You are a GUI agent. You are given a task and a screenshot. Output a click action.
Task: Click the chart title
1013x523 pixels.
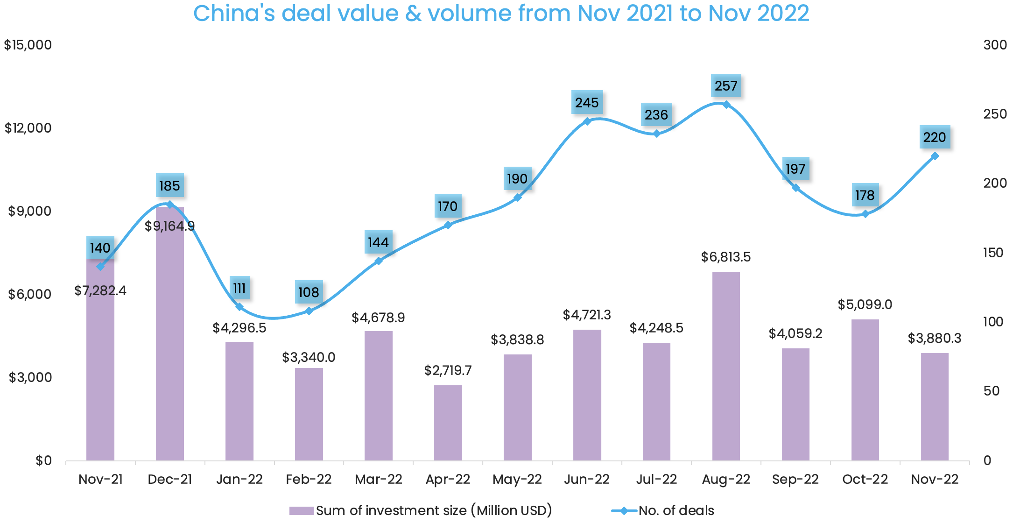tap(501, 13)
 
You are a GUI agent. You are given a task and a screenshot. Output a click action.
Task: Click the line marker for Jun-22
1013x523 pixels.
tap(587, 121)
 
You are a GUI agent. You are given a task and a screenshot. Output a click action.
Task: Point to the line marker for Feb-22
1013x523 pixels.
tap(309, 311)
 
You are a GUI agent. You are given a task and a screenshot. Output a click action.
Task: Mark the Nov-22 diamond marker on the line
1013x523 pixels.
tap(935, 156)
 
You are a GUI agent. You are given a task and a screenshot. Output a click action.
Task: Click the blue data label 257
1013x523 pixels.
tap(726, 86)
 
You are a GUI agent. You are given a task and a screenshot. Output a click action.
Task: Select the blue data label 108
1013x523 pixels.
tap(309, 292)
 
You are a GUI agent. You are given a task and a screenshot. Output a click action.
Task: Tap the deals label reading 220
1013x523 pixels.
tap(935, 137)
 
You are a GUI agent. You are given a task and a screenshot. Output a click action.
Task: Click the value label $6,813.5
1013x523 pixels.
tap(726, 257)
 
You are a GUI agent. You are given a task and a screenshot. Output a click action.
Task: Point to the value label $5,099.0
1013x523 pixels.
tap(865, 304)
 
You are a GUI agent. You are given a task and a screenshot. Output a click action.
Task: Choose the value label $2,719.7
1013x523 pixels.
tap(448, 370)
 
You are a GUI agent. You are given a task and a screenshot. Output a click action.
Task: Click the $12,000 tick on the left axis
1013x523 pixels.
tap(28, 128)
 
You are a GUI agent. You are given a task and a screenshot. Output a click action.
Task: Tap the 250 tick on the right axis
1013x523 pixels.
tap(995, 114)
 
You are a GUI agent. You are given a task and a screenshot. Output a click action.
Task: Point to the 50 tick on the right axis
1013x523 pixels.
tap(992, 391)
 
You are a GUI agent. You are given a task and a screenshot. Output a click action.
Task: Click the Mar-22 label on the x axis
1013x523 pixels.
tap(378, 479)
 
